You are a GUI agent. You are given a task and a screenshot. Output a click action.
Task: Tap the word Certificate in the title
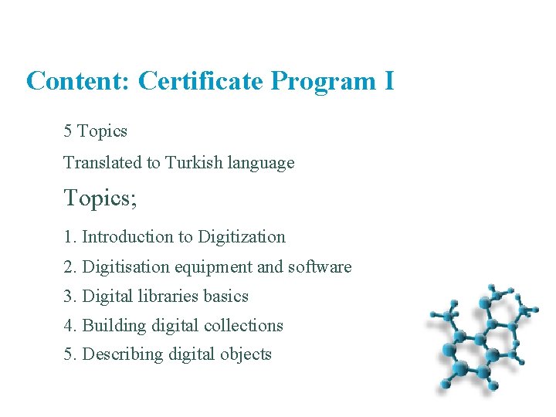tap(201, 80)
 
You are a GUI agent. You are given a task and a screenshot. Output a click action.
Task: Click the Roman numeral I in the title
tap(388, 80)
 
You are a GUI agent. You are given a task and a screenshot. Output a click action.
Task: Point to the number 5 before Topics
tap(68, 131)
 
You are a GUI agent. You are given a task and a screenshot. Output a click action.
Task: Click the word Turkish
tap(194, 163)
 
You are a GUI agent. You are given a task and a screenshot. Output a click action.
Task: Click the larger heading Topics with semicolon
tap(100, 198)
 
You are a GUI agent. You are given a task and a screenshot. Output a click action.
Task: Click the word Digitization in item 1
tap(242, 237)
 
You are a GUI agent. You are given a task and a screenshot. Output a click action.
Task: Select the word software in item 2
tap(320, 267)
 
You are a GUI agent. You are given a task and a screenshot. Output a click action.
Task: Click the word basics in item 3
tap(225, 297)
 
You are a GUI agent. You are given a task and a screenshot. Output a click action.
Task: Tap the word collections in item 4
tap(243, 326)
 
